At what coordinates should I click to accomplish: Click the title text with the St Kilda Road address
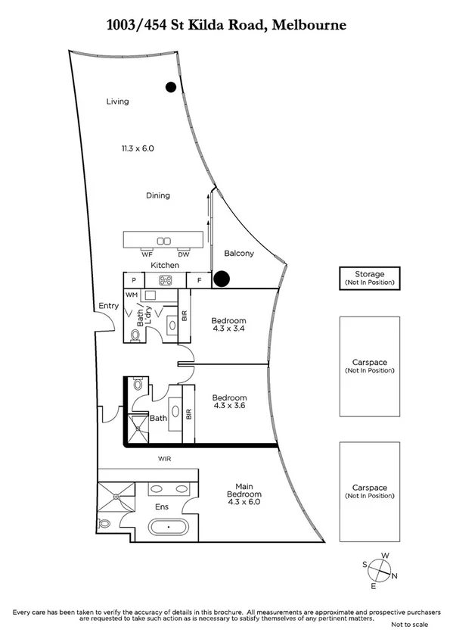pos(226,25)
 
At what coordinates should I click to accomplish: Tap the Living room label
pos(117,101)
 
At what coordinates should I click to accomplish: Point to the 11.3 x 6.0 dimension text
pos(138,148)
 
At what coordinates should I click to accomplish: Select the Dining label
pos(157,195)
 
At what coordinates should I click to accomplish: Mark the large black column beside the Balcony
pos(221,279)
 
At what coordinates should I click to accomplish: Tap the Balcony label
pos(239,254)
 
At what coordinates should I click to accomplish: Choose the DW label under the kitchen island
pos(183,254)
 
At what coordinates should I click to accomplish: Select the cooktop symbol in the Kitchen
pos(165,280)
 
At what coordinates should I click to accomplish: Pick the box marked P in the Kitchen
pos(131,280)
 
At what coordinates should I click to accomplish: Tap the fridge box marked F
pos(199,280)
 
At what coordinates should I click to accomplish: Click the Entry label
pos(108,306)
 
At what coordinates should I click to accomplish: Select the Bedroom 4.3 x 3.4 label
pos(228,325)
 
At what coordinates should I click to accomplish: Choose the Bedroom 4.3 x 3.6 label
pos(228,402)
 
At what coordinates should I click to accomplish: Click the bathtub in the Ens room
pos(171,528)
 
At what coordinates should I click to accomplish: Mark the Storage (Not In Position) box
pos(370,278)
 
